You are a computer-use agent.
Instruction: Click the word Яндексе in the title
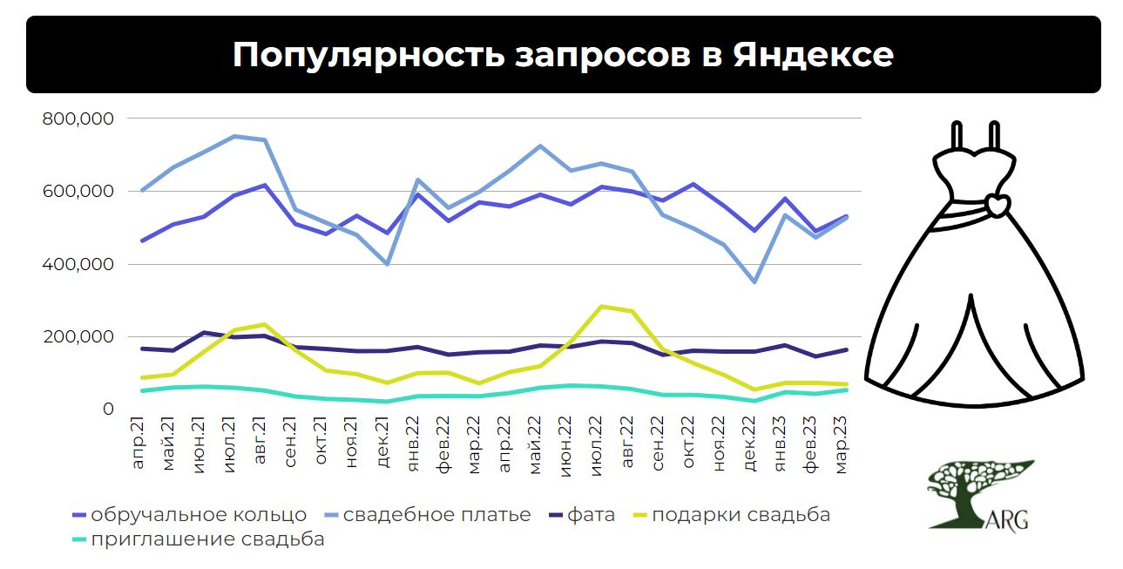pyautogui.click(x=813, y=55)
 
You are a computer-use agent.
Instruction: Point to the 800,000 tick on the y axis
pyautogui.click(x=78, y=119)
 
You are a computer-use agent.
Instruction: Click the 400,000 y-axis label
pyautogui.click(x=78, y=264)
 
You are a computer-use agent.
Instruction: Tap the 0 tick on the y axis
pyautogui.click(x=107, y=410)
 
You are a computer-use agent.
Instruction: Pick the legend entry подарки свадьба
pyautogui.click(x=741, y=515)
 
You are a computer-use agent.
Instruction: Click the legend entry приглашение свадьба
pyautogui.click(x=207, y=539)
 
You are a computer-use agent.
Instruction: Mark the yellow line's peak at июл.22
pyautogui.click(x=600, y=306)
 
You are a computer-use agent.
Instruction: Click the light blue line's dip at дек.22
pyautogui.click(x=754, y=282)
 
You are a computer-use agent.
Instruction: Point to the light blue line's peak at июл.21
pyautogui.click(x=233, y=136)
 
